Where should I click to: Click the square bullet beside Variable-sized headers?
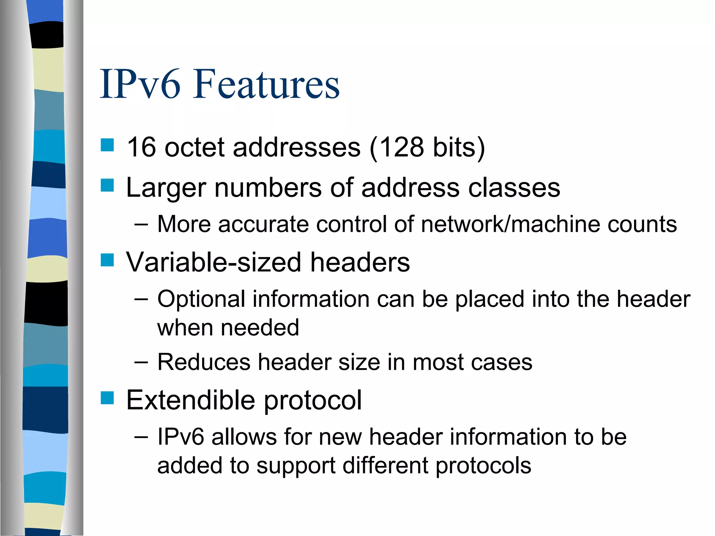pos(107,260)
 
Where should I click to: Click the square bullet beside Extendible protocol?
pos(107,397)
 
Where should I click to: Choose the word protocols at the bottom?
pos(484,466)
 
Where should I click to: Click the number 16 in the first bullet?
pos(141,147)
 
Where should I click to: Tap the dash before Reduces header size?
pos(141,362)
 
